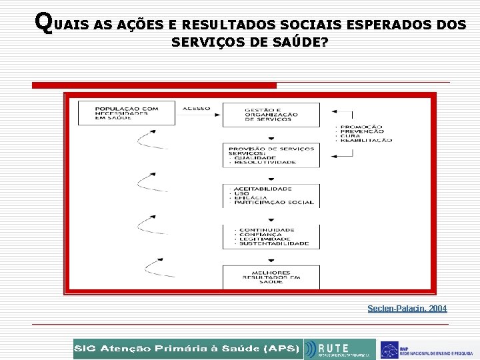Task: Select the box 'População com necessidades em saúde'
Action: point(127,113)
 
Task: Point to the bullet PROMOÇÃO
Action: point(361,127)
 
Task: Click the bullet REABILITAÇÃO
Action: point(367,141)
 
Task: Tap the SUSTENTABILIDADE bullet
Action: point(273,243)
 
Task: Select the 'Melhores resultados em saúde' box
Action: point(271,277)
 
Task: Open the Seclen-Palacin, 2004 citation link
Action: point(407,309)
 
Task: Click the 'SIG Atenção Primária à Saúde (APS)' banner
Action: point(187,349)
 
